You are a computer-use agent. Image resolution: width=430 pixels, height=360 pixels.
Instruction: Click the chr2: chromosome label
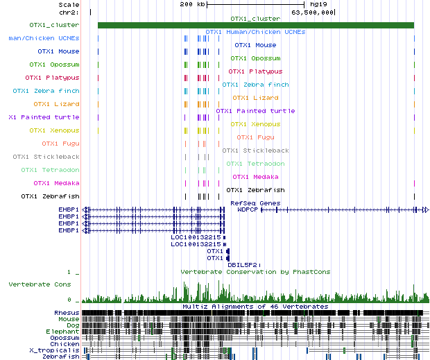69,12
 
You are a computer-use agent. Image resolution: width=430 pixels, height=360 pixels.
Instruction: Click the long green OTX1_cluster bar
255,25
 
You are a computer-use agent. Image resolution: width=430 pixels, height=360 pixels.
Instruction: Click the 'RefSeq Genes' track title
255,203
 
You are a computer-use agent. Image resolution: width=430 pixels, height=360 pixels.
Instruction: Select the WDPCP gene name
248,209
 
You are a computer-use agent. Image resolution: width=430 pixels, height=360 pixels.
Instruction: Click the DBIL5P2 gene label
243,264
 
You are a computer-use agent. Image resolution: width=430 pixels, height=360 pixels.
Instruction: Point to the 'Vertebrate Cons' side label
40,284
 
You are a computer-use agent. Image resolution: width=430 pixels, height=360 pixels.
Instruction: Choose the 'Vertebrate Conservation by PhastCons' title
255,272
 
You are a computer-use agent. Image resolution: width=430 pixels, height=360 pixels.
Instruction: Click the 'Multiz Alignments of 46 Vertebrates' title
255,306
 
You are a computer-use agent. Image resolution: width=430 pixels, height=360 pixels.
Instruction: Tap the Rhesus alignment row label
67,313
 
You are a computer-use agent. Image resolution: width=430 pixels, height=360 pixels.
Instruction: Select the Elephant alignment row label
64,331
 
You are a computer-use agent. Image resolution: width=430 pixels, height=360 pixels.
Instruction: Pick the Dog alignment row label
72,325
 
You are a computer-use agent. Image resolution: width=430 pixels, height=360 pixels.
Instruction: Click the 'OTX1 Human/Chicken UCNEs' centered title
255,32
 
